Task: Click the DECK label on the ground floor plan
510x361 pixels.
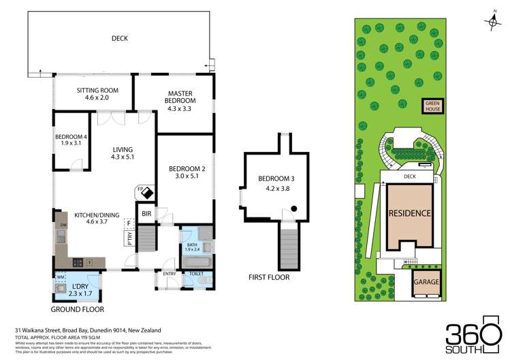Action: click(120, 39)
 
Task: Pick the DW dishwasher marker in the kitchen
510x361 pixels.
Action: click(63, 225)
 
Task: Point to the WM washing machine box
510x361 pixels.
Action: click(60, 277)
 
